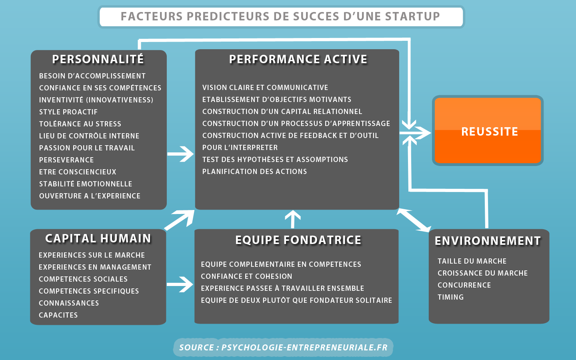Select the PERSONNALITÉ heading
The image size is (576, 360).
98,59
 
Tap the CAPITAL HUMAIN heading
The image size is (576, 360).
98,238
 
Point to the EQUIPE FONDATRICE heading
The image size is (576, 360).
298,240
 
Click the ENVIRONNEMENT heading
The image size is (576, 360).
488,241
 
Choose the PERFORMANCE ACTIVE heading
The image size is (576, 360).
298,59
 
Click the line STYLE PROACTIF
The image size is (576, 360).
68,112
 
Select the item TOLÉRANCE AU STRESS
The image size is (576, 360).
80,124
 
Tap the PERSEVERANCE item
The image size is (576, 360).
66,160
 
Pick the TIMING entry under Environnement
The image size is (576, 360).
450,297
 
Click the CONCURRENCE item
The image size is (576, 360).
464,285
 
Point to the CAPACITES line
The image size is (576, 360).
58,315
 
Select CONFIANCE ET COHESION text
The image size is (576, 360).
246,276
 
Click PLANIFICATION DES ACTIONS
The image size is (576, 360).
254,172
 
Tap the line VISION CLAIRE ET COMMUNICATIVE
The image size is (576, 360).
265,88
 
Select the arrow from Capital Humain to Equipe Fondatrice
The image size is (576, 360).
180,284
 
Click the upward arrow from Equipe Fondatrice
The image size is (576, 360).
293,219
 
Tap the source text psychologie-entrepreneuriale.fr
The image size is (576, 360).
304,348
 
